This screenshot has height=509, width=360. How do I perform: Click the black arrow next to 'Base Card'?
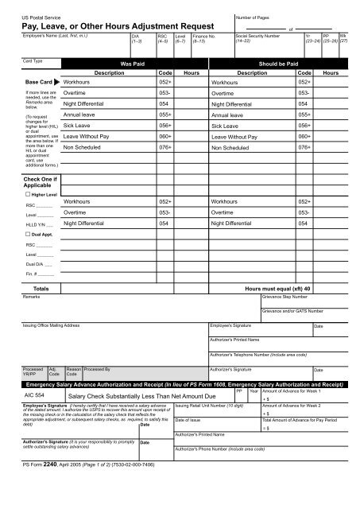[56, 81]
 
